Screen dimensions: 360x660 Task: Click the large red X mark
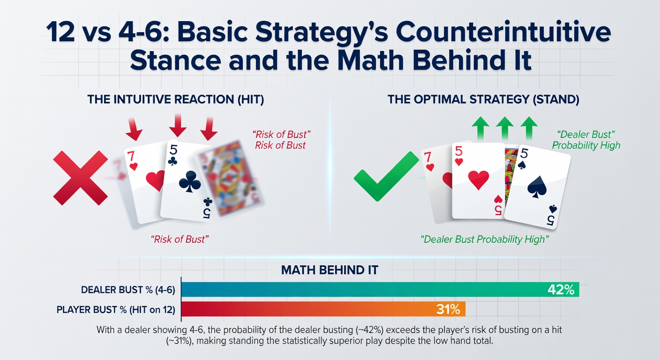pos(80,178)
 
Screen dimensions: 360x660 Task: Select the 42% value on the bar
pos(561,290)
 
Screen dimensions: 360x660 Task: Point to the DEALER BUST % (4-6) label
pos(128,290)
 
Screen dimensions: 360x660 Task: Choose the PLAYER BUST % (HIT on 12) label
pos(116,309)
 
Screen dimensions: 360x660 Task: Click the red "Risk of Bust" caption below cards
pos(180,239)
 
